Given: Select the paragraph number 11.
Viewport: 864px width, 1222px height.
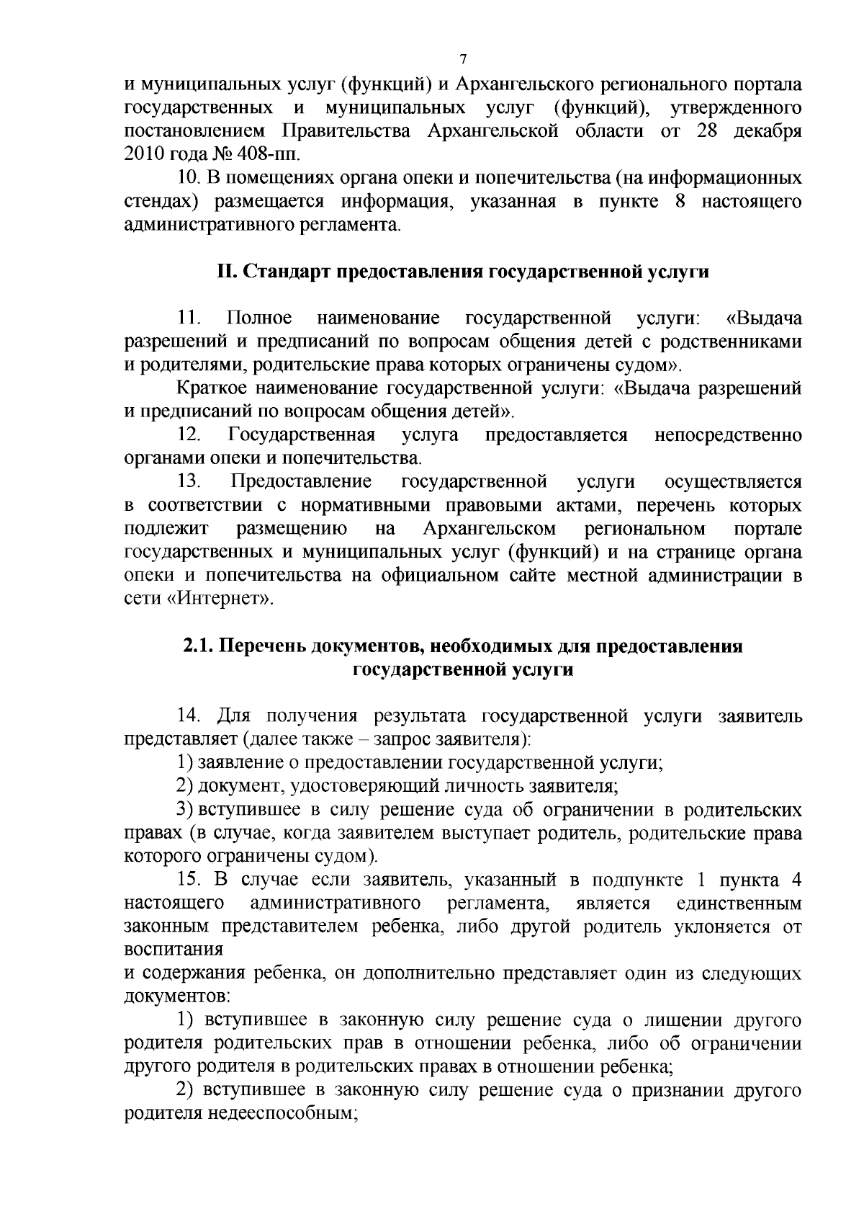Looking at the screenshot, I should pyautogui.click(x=189, y=318).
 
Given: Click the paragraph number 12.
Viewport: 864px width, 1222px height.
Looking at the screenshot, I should pyautogui.click(x=189, y=435).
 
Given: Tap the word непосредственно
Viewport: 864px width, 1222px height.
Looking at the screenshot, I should pyautogui.click(x=728, y=435).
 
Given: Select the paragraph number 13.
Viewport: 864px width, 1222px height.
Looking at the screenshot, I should pyautogui.click(x=191, y=481).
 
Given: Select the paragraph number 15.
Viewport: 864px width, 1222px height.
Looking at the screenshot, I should pyautogui.click(x=189, y=880).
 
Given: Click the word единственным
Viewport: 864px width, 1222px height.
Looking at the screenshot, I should pyautogui.click(x=739, y=904).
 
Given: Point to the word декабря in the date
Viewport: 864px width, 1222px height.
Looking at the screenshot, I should pyautogui.click(x=771, y=131).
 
